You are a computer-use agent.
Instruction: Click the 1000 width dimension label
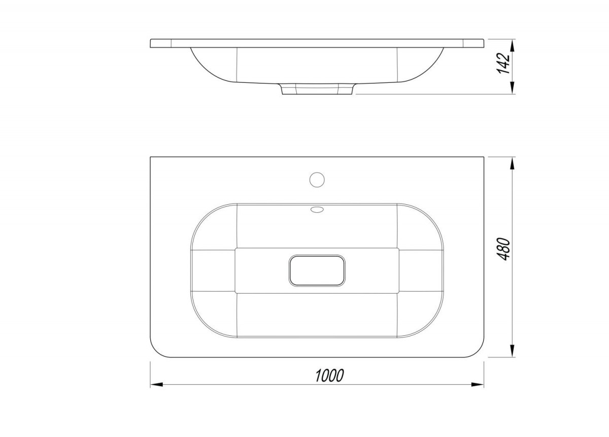pyautogui.click(x=329, y=376)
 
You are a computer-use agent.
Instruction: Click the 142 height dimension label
pyautogui.click(x=503, y=64)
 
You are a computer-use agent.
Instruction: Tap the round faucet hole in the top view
pyautogui.click(x=317, y=180)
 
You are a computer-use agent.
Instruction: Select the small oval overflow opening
pyautogui.click(x=317, y=210)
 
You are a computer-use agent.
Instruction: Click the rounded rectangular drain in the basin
pyautogui.click(x=317, y=271)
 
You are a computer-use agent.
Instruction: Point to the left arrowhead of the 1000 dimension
pyautogui.click(x=157, y=385)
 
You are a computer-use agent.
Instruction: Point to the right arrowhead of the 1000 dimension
pyautogui.click(x=478, y=385)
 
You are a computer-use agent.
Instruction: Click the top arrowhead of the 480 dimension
pyautogui.click(x=512, y=164)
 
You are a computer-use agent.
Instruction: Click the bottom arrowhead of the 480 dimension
pyautogui.click(x=512, y=351)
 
